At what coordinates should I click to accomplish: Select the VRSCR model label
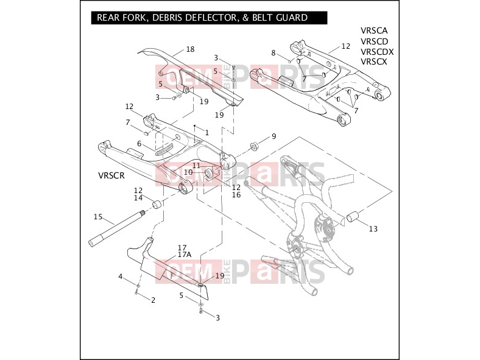point(111,175)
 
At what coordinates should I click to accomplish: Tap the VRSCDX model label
point(377,51)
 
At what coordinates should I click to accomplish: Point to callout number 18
point(191,49)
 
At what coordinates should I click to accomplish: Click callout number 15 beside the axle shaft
point(98,217)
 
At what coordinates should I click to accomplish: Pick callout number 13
point(373,228)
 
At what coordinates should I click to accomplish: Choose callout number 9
point(274,136)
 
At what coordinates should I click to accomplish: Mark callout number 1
point(207,133)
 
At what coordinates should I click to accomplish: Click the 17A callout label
point(185,255)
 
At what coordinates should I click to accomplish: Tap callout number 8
point(274,53)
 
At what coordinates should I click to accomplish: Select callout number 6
point(139,144)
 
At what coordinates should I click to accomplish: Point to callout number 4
point(121,277)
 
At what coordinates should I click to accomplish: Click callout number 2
point(153,300)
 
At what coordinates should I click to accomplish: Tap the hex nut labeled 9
point(254,146)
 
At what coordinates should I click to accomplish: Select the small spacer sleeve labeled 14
point(157,203)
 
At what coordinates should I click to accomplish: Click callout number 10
point(188,172)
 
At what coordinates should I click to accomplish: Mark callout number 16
point(236,195)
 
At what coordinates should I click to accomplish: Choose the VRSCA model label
point(374,30)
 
